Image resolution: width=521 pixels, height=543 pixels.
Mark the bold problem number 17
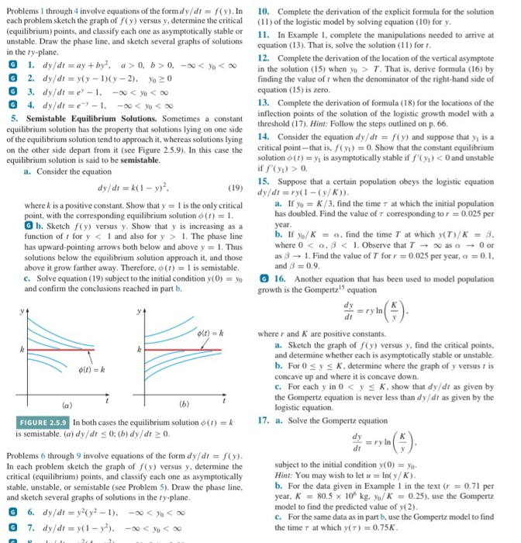263,420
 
